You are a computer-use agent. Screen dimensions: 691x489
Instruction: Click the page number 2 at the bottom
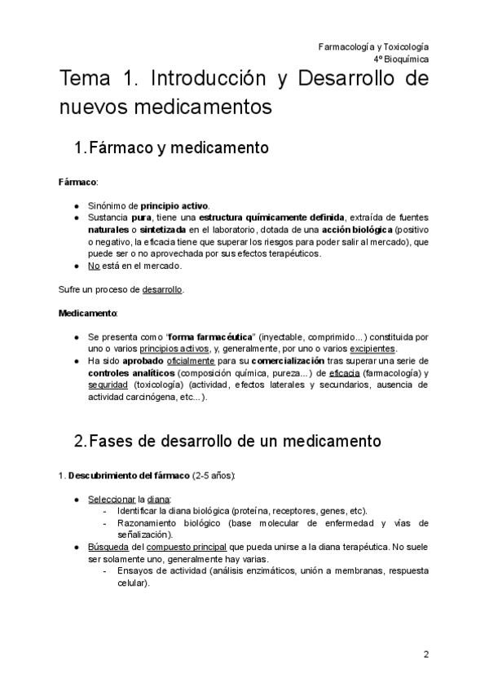[x=425, y=654]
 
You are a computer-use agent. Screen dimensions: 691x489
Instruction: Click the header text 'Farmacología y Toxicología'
[x=373, y=46]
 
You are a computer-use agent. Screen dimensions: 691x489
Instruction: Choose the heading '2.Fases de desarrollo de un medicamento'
[x=227, y=442]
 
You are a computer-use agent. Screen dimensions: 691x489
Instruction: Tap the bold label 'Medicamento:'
[x=88, y=313]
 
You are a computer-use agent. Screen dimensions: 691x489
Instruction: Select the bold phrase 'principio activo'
[x=174, y=205]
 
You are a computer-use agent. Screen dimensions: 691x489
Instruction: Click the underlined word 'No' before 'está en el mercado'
[x=94, y=266]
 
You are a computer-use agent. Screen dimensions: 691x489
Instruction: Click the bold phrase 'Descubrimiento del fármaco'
[x=128, y=474]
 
